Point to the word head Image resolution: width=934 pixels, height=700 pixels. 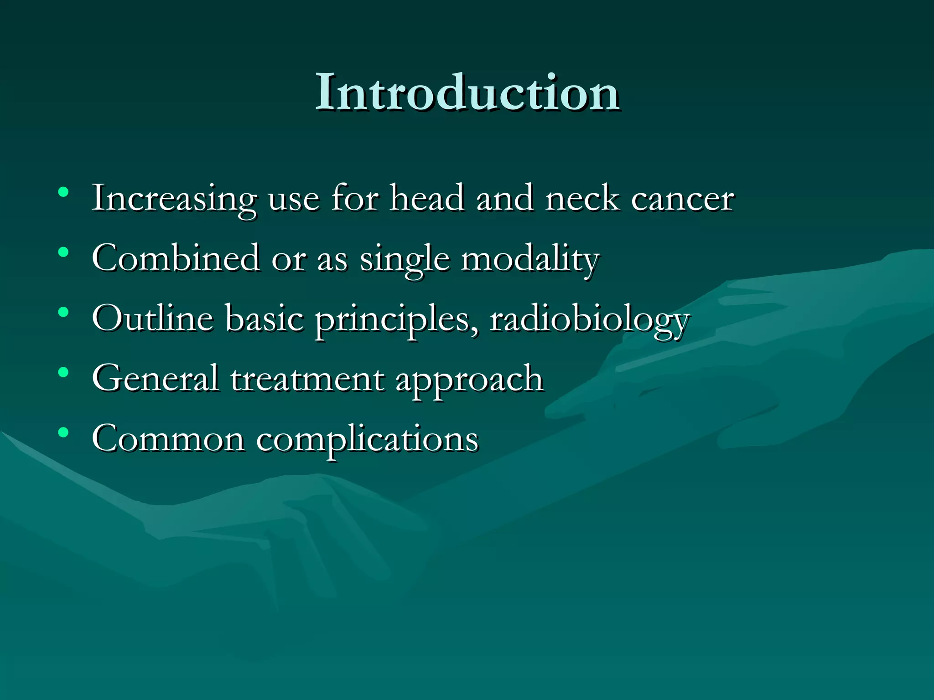(427, 198)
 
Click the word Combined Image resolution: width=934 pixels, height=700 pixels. (176, 258)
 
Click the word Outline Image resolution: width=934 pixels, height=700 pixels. (152, 318)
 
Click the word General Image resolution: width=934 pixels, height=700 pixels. (155, 378)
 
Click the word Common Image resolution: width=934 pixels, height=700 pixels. (168, 438)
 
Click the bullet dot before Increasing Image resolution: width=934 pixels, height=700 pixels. (63, 192)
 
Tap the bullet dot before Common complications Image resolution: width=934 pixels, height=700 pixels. (63, 432)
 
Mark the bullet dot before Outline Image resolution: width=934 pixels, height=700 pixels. (63, 312)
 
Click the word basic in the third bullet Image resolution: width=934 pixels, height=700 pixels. (264, 318)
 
